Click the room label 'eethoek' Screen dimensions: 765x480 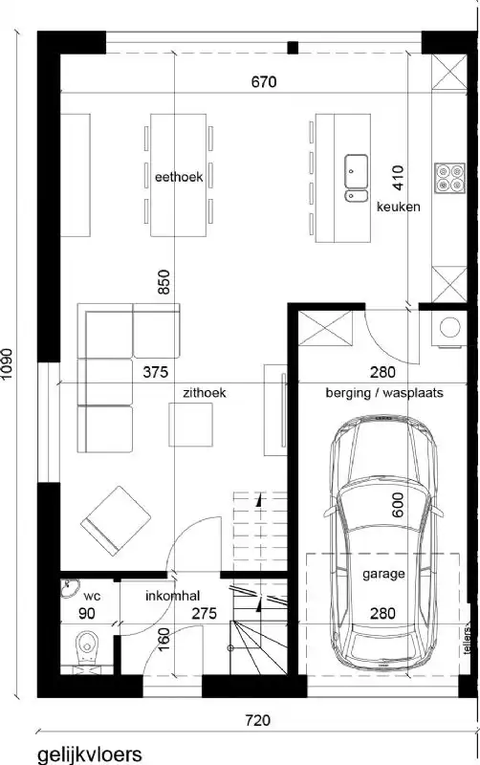[x=178, y=176]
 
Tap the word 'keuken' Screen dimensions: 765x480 [x=398, y=207]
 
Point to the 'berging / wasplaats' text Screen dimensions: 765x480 [x=383, y=392]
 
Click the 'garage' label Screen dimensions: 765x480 [x=382, y=575]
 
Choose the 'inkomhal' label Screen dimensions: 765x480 [x=172, y=596]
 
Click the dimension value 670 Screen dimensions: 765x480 [x=264, y=83]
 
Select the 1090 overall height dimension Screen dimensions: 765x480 [x=11, y=363]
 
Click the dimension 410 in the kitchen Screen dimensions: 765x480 [x=400, y=178]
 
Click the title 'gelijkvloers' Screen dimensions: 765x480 [x=90, y=754]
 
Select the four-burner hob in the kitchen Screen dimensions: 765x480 [x=447, y=175]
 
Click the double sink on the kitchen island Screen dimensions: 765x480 [x=358, y=174]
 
